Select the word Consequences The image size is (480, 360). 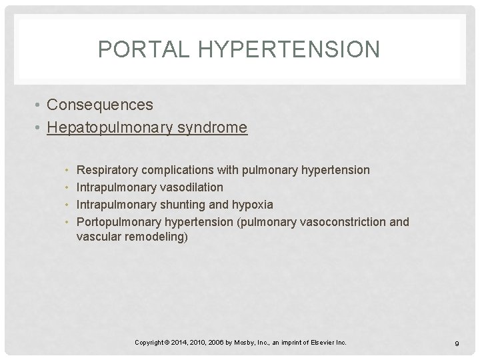pos(100,105)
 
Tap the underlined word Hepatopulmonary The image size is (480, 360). pos(111,127)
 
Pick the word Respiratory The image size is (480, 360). pos(107,170)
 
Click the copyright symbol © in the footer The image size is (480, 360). pos(167,343)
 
